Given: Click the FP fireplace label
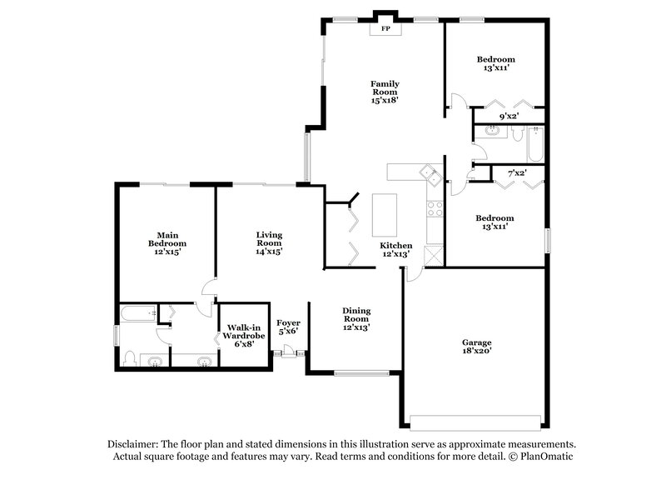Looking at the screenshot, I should click(385, 28).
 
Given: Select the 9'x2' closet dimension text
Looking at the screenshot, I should click(509, 116).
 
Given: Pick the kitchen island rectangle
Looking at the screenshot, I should click(385, 215).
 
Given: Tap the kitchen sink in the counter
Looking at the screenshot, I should click(431, 174).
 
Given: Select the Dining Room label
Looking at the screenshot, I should click(355, 319).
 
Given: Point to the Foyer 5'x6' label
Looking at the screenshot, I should click(288, 327).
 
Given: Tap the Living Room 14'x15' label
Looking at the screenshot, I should click(269, 242).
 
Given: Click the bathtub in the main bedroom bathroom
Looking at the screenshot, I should click(138, 314).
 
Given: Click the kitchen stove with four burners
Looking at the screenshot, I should click(434, 208).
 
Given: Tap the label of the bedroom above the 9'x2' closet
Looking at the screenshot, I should click(495, 63).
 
